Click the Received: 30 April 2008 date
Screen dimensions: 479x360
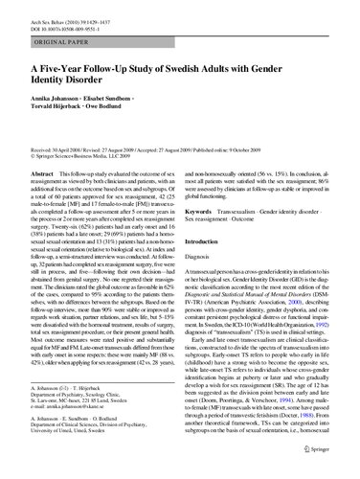pos(57,150)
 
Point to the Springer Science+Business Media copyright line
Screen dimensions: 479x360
pos(82,158)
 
